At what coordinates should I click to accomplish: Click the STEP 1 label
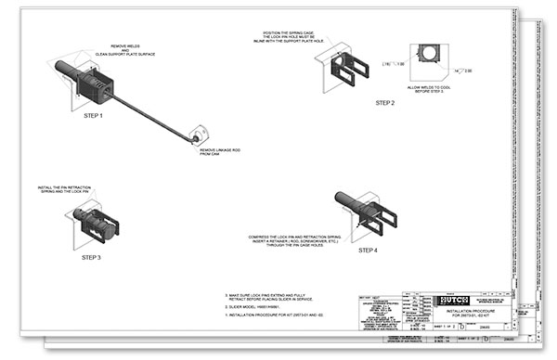[93, 116]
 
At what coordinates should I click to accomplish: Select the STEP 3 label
[92, 257]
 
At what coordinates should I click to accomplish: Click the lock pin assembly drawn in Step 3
[93, 224]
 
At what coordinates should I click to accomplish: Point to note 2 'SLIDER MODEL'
[259, 306]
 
